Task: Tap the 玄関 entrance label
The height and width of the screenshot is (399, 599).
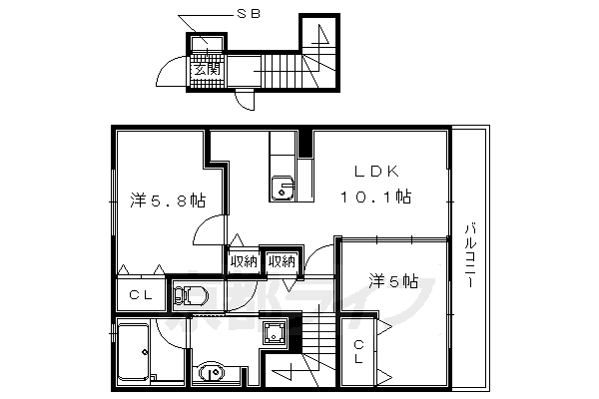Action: click(207, 69)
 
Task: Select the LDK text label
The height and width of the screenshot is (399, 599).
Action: click(377, 172)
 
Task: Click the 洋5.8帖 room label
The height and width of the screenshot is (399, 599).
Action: click(167, 200)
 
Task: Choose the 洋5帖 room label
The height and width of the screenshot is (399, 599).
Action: click(391, 280)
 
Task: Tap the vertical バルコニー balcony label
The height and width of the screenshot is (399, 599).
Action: click(469, 255)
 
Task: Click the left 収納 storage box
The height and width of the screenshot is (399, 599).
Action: click(243, 261)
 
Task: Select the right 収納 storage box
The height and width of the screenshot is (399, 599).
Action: click(282, 261)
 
